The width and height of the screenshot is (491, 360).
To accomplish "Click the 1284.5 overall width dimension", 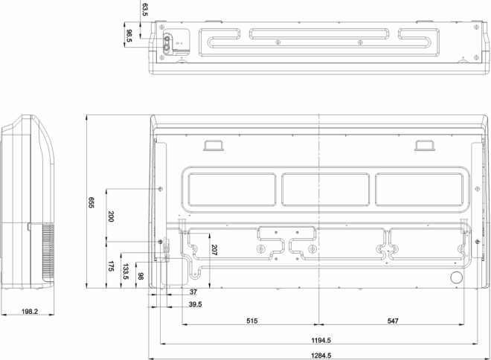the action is (x=321, y=356).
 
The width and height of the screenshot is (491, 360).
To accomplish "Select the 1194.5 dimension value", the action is (x=321, y=340).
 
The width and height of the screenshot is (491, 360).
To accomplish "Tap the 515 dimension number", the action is (x=251, y=321).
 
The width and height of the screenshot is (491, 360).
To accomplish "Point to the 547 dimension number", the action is (x=393, y=321).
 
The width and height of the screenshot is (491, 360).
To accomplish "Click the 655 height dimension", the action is (x=91, y=202).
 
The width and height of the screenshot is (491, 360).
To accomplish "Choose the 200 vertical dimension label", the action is (x=111, y=216).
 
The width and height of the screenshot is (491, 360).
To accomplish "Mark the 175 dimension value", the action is (x=111, y=266).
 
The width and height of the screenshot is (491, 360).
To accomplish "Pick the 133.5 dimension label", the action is (x=126, y=271).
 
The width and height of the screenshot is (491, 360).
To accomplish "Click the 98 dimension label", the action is (x=141, y=276).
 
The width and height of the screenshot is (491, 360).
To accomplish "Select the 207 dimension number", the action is (x=214, y=250).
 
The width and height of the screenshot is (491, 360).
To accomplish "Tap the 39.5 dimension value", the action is (x=196, y=304).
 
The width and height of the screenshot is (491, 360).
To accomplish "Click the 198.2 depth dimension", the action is (x=30, y=312).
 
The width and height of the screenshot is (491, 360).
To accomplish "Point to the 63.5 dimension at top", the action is (x=144, y=10).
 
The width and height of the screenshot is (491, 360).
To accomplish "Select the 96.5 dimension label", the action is (x=129, y=36).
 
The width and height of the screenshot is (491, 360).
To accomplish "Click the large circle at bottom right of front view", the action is (x=456, y=277).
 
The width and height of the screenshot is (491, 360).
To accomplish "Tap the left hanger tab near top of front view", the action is (x=214, y=146).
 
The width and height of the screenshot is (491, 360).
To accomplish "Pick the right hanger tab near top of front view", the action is (x=425, y=146).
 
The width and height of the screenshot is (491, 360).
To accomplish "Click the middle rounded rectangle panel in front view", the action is (x=325, y=190).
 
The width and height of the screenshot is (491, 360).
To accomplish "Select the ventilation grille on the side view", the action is (x=48, y=251).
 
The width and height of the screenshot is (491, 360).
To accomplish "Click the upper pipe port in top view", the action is (x=167, y=39).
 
